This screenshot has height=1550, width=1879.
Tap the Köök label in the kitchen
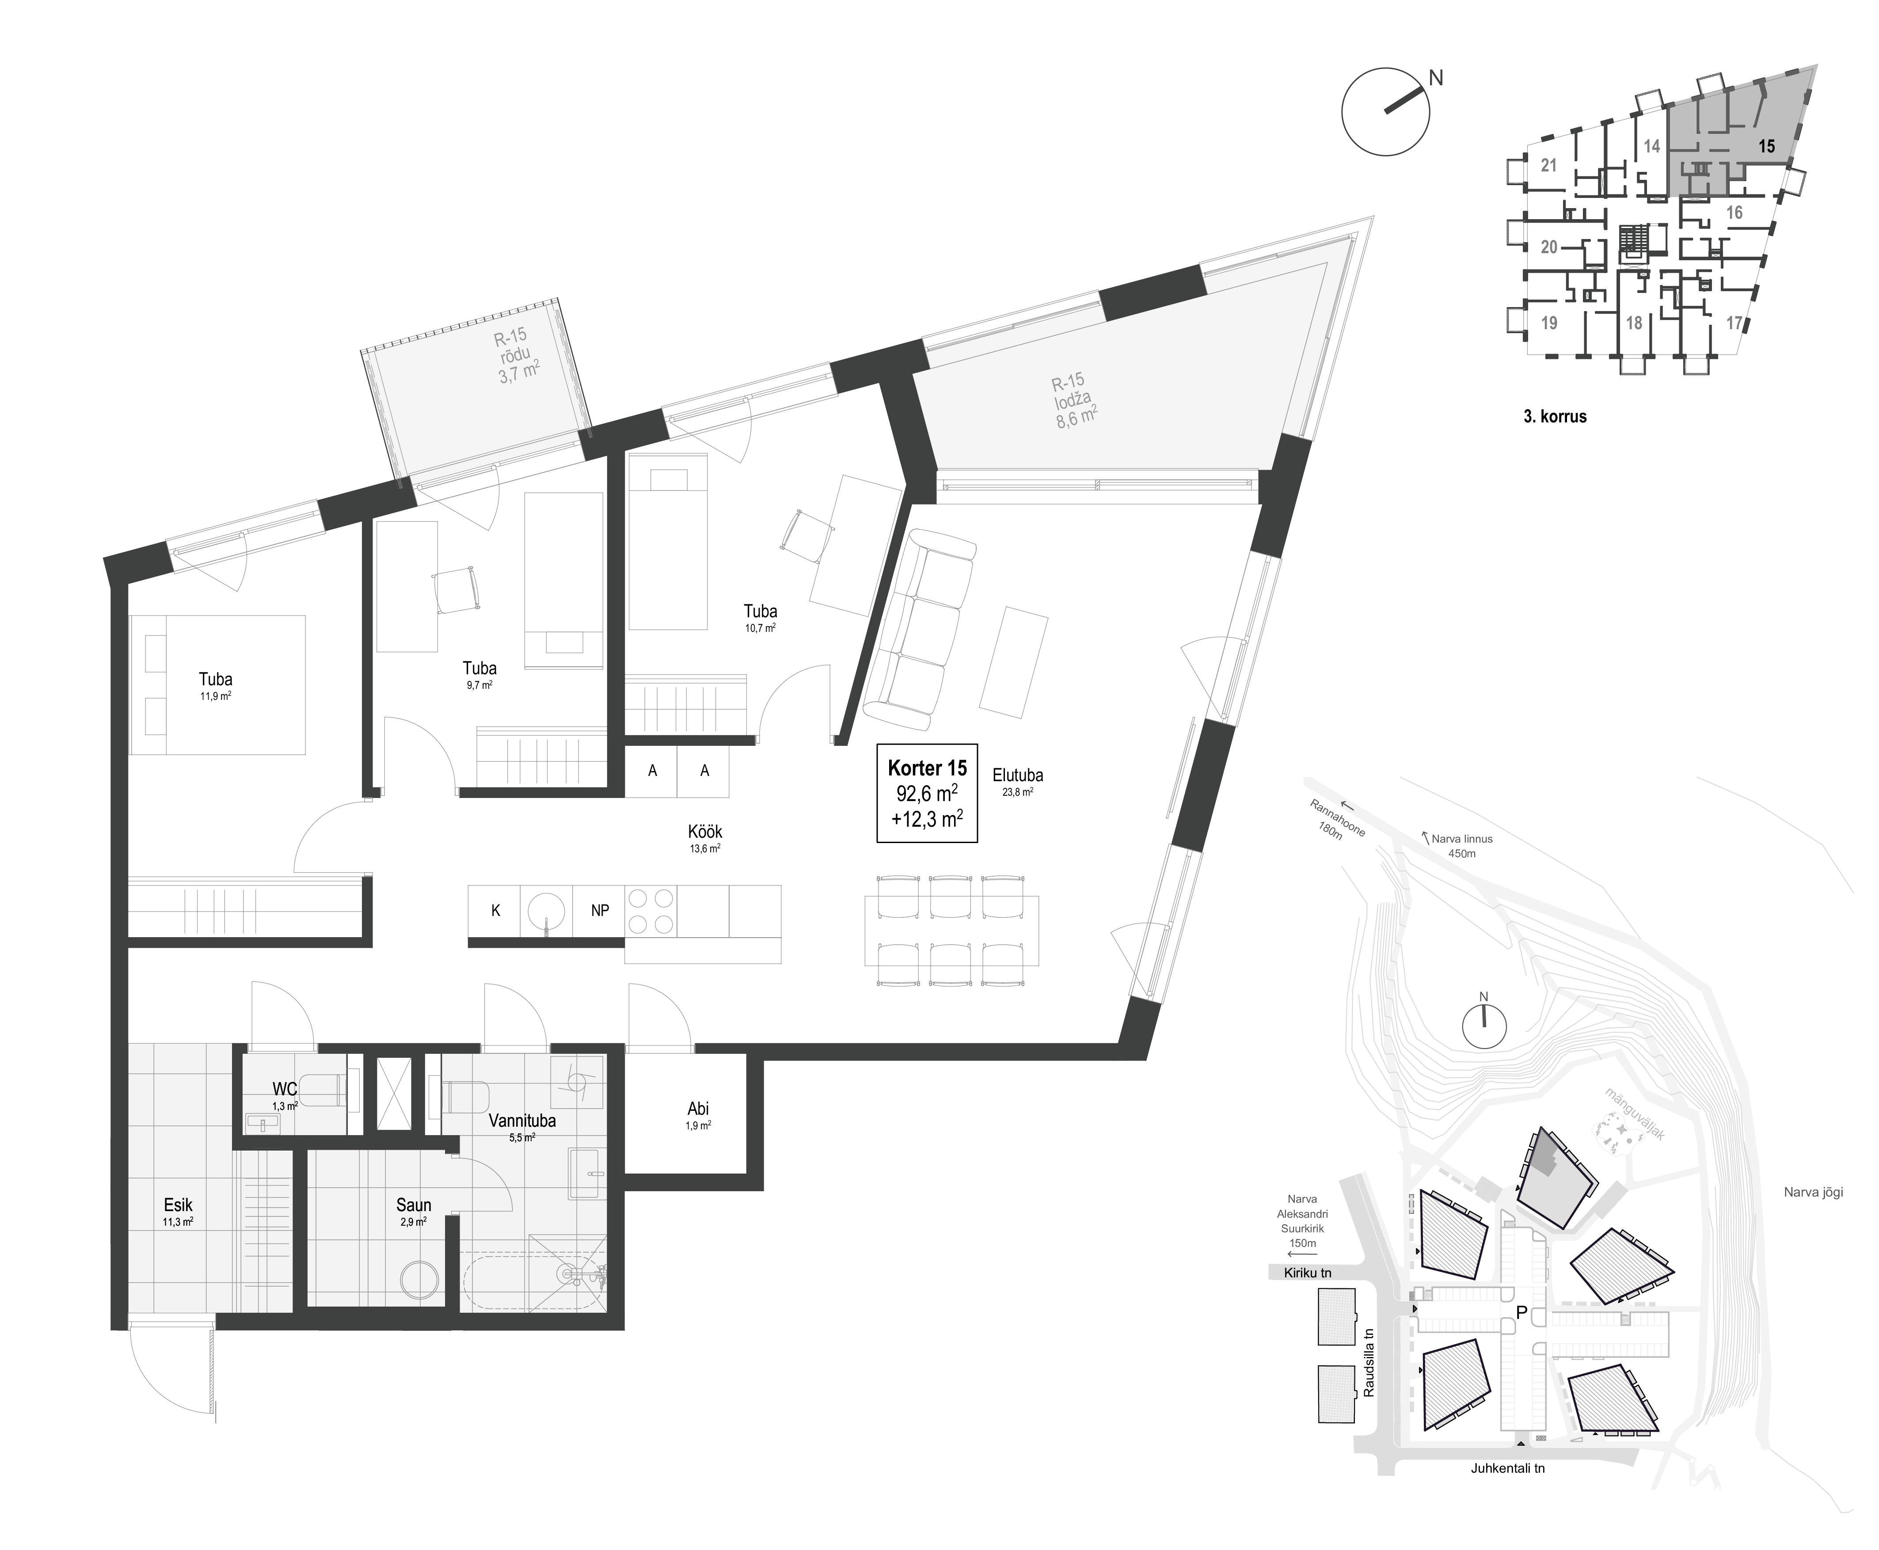704,832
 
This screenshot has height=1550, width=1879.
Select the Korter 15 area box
927,793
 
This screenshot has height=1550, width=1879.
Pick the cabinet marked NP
599,911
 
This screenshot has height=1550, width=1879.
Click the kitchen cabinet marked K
496,911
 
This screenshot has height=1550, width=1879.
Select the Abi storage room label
698,1109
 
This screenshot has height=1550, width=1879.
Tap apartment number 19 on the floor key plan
1549,322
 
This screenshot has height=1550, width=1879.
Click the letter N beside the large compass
1436,79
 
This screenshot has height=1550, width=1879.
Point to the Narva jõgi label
1813,1191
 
